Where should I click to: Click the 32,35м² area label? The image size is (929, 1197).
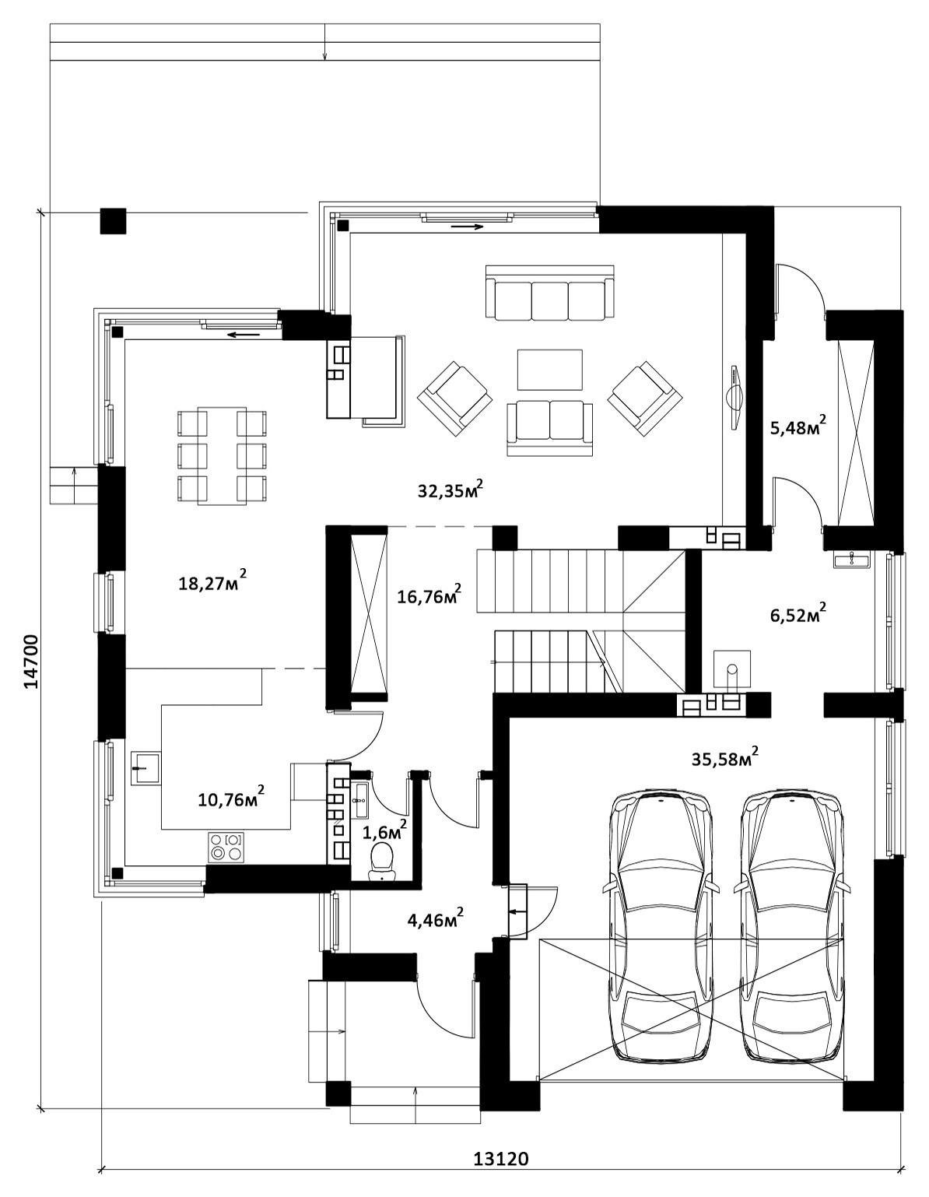pos(450,490)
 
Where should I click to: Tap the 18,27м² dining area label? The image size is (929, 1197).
pos(212,581)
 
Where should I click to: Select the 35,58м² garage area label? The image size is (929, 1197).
pos(725,758)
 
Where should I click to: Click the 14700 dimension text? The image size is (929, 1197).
pos(31,662)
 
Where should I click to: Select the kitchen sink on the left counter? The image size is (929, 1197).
pos(145,768)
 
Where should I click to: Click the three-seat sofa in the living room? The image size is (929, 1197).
pos(549,293)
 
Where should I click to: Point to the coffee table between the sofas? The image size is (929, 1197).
pos(549,370)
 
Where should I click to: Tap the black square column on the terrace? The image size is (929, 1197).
pos(113,221)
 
